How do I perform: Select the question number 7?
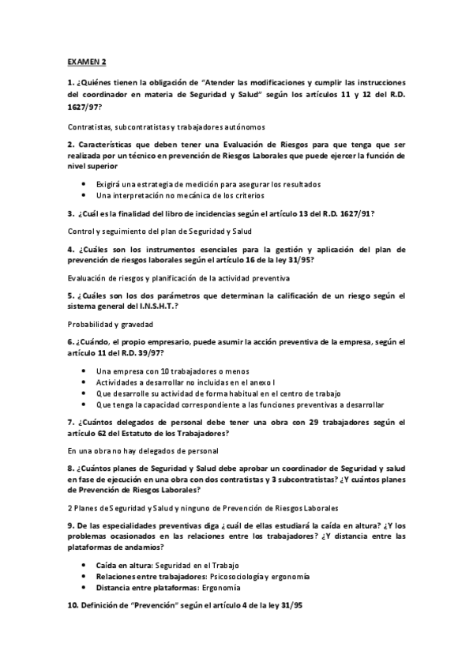click(x=70, y=422)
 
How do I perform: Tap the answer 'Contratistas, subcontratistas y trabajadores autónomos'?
click(x=166, y=126)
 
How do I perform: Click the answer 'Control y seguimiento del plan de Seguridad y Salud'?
click(x=160, y=231)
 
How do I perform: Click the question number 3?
click(x=70, y=213)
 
